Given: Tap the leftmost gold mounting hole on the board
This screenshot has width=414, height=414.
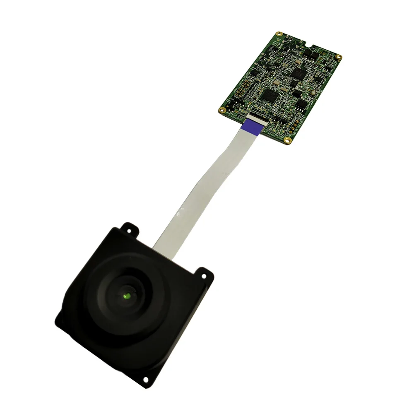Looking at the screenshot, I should pyautogui.click(x=222, y=110).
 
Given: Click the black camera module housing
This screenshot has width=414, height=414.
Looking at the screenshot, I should pyautogui.click(x=103, y=331).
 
